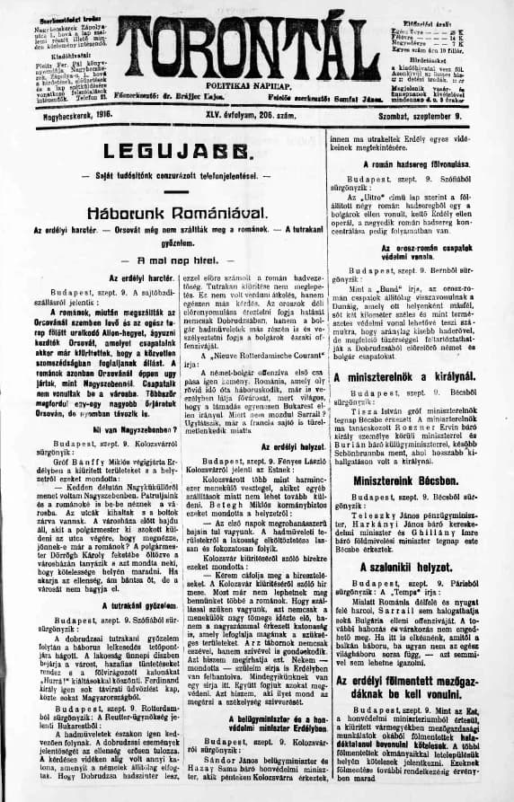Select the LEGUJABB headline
[174, 152]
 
